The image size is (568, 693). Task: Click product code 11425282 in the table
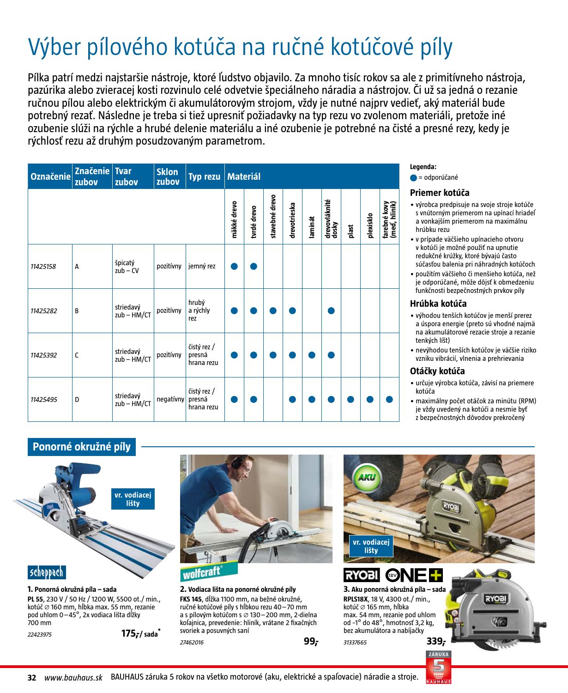click(44, 311)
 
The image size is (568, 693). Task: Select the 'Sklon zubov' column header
click(168, 177)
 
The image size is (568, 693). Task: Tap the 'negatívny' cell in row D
click(170, 399)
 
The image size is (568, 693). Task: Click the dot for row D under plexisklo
click(370, 399)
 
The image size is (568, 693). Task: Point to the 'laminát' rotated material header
click(312, 227)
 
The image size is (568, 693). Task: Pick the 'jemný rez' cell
click(202, 267)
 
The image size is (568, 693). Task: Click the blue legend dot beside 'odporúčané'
click(413, 177)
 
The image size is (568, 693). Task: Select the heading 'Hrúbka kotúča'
click(438, 304)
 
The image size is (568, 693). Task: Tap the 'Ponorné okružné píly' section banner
click(82, 447)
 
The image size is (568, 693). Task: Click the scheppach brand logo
click(47, 572)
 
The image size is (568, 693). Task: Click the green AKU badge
click(366, 477)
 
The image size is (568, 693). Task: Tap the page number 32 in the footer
click(32, 678)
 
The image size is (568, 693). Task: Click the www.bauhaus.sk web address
click(73, 678)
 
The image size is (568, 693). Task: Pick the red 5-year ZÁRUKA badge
click(438, 667)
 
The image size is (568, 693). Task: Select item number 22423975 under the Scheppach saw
click(40, 635)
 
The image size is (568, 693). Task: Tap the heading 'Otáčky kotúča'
click(437, 371)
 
